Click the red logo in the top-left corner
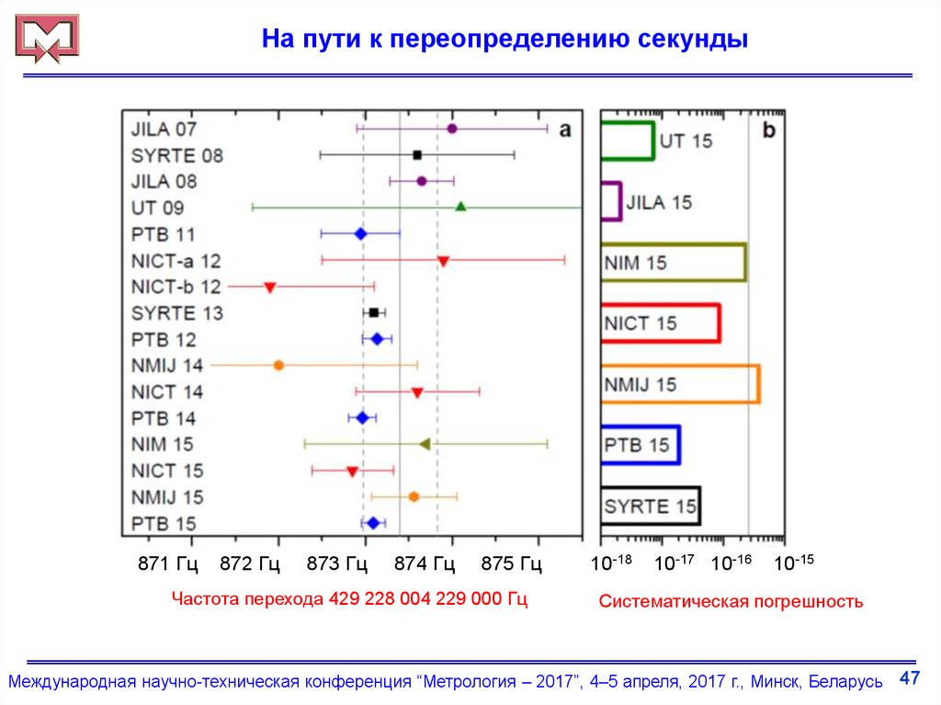[x=45, y=39]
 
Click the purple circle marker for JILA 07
[x=452, y=129]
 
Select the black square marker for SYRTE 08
[x=417, y=154]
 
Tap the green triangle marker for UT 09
[x=461, y=207]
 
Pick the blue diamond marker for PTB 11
[x=360, y=233]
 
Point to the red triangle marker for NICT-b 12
[x=270, y=288]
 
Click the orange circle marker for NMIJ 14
[x=278, y=365]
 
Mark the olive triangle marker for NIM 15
[x=425, y=444]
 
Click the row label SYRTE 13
[x=176, y=313]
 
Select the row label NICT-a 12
[x=176, y=261]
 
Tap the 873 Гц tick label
[x=336, y=563]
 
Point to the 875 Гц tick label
[x=511, y=563]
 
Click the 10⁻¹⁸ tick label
[x=612, y=562]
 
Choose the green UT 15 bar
[x=628, y=141]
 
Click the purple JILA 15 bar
[x=611, y=201]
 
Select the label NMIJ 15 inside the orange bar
[x=640, y=384]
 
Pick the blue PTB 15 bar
[x=641, y=445]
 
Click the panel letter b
[x=768, y=130]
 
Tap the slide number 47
[x=909, y=678]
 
